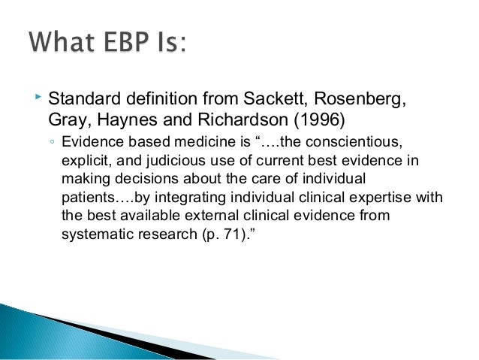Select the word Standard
click(x=82, y=98)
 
